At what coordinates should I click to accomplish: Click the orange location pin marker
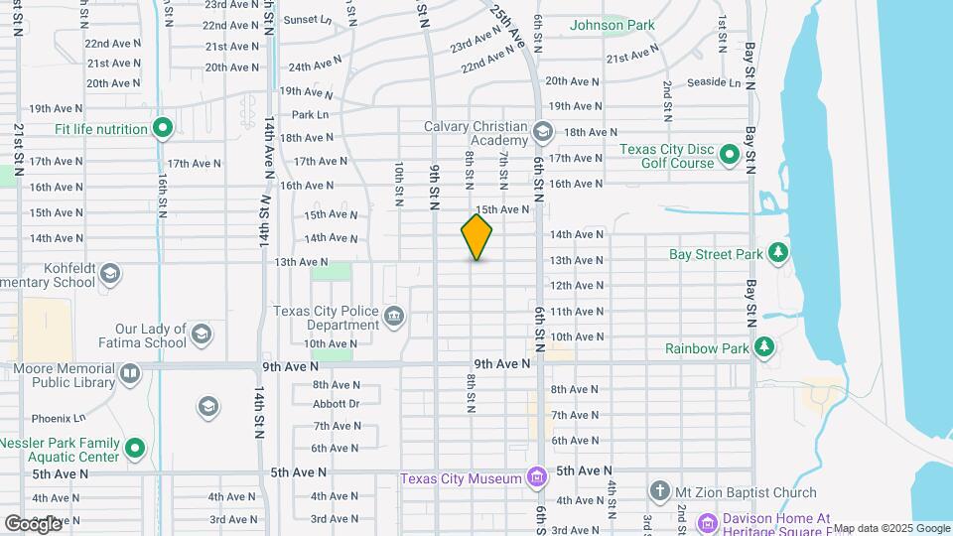coord(476,236)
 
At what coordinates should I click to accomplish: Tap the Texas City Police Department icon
coord(394,318)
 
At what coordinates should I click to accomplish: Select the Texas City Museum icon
coord(537,478)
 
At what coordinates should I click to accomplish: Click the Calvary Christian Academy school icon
coord(542,131)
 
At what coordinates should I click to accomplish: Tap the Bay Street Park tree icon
coord(779,253)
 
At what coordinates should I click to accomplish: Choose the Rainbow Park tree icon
coord(763,347)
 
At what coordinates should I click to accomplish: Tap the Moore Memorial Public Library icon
coord(130,374)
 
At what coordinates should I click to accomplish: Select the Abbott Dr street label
coord(336,404)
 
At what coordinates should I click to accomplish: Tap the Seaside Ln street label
coord(714,82)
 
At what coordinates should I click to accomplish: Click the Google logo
coord(34,523)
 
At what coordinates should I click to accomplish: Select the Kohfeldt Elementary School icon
coord(109,273)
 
